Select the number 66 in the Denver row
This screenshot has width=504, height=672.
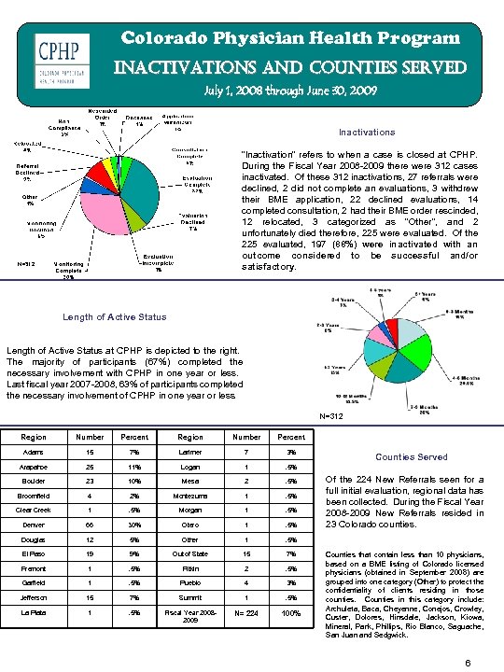[89, 524]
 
